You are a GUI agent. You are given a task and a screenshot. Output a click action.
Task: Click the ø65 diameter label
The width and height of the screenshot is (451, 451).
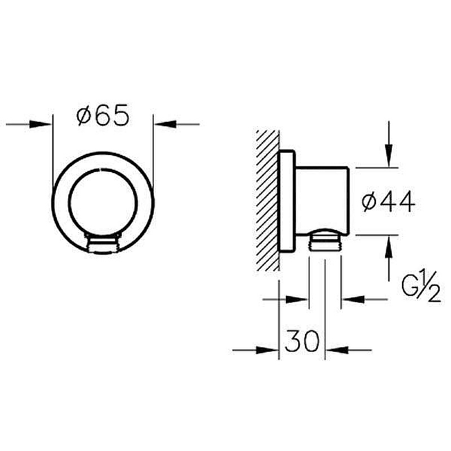(103, 115)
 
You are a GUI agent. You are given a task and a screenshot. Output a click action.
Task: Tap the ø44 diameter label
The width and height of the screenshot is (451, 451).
(388, 202)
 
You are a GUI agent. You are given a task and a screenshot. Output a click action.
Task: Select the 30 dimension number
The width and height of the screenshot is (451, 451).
(302, 341)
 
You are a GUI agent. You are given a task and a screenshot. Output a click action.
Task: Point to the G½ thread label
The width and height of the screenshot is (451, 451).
(421, 286)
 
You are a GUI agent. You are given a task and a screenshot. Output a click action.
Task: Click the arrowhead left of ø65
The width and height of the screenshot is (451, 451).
(41, 124)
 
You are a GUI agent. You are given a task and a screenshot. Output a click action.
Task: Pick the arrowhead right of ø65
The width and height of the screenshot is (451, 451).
(165, 124)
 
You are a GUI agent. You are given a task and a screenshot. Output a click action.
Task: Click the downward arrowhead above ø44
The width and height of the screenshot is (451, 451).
(389, 156)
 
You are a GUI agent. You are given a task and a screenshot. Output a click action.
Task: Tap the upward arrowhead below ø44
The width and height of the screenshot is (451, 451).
(389, 247)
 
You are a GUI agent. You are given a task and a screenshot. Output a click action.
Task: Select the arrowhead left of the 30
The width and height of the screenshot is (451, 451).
(267, 350)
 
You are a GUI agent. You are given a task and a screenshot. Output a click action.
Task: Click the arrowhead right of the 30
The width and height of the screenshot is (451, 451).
(337, 350)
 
